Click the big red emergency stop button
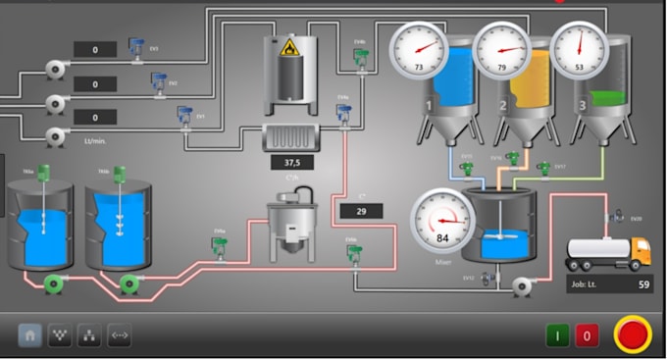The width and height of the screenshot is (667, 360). click(633, 334)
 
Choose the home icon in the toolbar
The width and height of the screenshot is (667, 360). click(30, 335)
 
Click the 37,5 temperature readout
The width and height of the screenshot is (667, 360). click(292, 162)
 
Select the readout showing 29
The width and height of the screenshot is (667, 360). click(361, 210)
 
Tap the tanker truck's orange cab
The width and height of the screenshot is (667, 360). click(639, 251)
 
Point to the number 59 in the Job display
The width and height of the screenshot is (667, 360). click(643, 285)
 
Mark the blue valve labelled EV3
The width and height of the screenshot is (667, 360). click(136, 47)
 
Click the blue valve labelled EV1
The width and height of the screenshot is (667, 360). click(183, 116)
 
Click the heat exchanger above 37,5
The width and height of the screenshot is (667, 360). click(292, 137)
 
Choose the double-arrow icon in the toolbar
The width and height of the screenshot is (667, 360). click(119, 335)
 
